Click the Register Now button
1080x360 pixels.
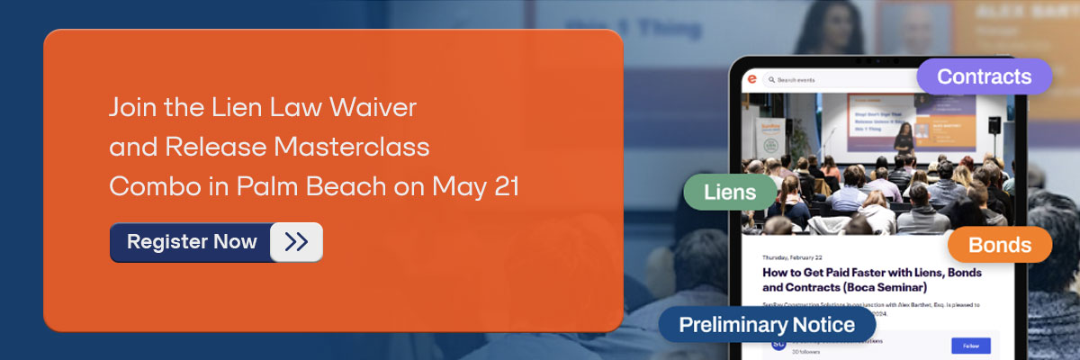[x=192, y=242]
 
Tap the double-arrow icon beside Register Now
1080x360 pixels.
[x=296, y=242]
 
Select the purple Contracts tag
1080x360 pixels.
[x=984, y=77]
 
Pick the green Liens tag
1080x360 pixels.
[x=731, y=192]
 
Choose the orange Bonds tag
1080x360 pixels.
[x=1000, y=245]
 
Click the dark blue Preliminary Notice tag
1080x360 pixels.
[x=767, y=324]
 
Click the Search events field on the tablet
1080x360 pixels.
[x=810, y=80]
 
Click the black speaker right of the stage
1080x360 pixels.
[x=993, y=126]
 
